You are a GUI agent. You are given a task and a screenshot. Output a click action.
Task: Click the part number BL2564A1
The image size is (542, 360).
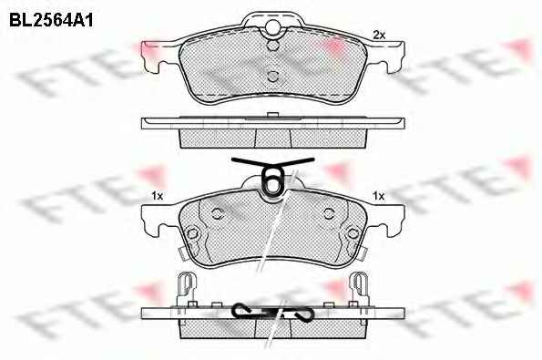(51, 20)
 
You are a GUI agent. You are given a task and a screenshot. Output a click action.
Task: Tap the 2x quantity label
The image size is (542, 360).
(379, 35)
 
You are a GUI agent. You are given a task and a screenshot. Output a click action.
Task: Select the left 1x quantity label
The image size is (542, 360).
(157, 196)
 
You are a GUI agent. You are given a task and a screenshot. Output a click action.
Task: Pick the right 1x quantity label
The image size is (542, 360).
(379, 196)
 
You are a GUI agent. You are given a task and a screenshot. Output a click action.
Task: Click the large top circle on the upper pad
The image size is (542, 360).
(273, 26)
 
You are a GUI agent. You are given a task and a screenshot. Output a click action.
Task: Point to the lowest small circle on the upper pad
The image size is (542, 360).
(273, 76)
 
